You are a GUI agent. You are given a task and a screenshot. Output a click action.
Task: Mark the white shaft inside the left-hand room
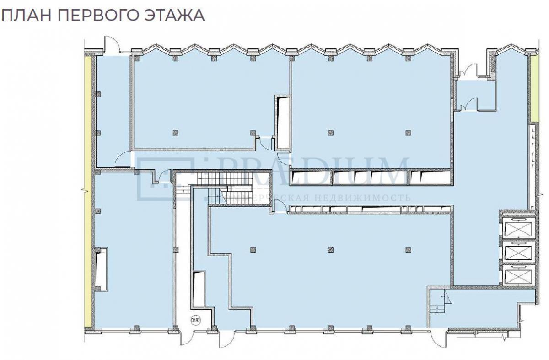tap(101, 269)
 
